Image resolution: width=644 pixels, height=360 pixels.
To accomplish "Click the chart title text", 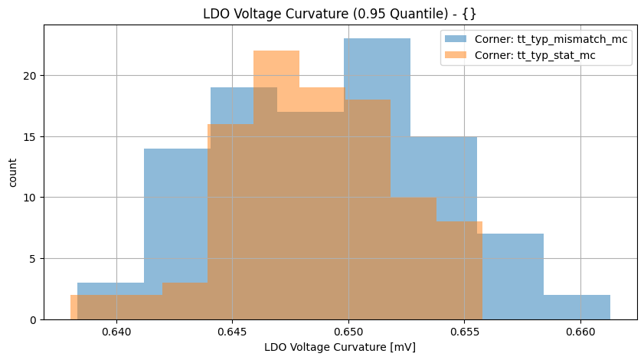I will pos(340,13).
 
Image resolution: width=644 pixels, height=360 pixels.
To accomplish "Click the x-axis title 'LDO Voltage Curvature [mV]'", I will pos(340,347).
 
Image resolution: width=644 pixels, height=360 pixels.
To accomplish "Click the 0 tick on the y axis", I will pos(33,319).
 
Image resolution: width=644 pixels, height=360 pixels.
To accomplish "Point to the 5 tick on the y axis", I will pos(33,259).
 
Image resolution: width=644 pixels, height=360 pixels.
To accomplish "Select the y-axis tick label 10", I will pos(30,198).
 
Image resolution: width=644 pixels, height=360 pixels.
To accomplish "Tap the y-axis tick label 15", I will pos(30,137).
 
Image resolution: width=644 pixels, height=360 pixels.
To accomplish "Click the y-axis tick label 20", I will pos(30,76).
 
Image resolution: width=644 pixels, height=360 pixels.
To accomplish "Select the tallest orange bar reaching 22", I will pos(276,69).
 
